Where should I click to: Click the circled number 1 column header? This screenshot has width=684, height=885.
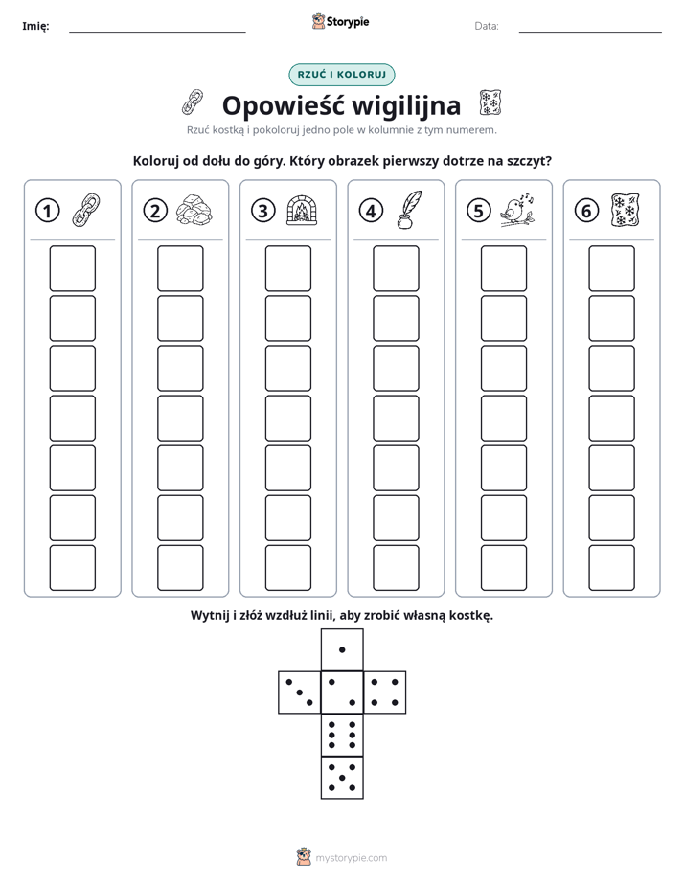(47, 211)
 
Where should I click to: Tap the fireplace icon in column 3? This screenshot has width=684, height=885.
(302, 210)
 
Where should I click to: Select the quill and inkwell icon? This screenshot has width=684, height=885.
(409, 210)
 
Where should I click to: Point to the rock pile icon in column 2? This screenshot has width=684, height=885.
(194, 210)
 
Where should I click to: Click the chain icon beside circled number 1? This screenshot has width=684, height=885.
(86, 210)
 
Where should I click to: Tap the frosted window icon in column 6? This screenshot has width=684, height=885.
(625, 210)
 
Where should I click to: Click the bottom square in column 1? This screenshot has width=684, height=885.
(72, 567)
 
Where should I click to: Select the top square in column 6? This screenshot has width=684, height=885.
(611, 268)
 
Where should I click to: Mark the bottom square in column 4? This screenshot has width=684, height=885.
(396, 567)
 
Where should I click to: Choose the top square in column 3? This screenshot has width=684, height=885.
(287, 268)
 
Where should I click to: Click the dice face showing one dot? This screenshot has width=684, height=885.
(342, 649)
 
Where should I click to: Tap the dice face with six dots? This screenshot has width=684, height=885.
(342, 735)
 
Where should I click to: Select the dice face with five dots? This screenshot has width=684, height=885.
(342, 778)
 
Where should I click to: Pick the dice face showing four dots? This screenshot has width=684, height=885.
(385, 692)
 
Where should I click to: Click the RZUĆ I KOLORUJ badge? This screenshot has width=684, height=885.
(341, 75)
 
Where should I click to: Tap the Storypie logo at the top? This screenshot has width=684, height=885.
(340, 22)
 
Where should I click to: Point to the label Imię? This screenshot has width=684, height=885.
(35, 26)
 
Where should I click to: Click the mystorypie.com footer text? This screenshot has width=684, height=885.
(351, 858)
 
